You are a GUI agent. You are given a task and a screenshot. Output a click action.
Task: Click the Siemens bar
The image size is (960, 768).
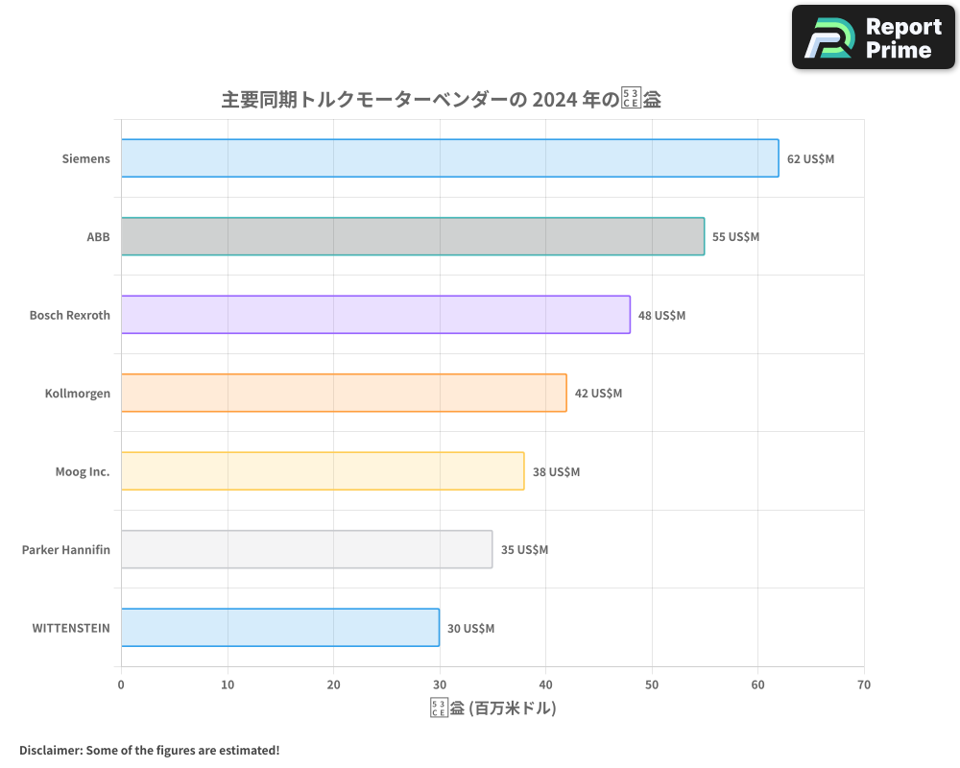(449, 158)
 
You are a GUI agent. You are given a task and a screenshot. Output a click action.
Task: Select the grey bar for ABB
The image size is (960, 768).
(413, 236)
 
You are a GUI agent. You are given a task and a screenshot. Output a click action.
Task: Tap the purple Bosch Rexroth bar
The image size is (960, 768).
(375, 315)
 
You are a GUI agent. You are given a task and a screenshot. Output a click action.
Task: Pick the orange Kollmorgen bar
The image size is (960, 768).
(344, 393)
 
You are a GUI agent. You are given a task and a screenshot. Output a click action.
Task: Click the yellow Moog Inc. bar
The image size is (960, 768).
(323, 471)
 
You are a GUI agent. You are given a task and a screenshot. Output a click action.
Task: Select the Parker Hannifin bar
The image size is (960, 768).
(306, 549)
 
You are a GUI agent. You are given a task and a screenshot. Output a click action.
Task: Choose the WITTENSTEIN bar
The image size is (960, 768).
(280, 628)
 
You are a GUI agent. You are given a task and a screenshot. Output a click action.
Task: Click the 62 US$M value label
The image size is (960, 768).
(810, 158)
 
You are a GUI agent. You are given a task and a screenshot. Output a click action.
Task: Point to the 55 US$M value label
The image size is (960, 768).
(735, 236)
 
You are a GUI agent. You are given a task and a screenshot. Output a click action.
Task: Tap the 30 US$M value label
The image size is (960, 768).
(470, 628)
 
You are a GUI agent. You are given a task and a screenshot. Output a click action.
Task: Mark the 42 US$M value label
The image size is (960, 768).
(598, 393)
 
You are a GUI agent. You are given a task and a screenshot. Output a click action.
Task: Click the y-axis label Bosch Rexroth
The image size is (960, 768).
(69, 315)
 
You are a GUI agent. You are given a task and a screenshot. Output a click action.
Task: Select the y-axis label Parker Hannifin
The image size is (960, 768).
(65, 549)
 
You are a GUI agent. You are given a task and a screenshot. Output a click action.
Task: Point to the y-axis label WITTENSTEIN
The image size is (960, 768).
(70, 628)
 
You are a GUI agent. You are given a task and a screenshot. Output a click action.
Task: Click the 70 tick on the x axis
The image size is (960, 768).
(864, 684)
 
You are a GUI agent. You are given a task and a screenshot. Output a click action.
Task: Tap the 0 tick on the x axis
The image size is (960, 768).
(121, 684)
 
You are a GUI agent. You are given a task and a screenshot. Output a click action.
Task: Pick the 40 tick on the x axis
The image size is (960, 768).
(545, 684)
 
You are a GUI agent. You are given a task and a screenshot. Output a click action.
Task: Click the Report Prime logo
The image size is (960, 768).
(874, 37)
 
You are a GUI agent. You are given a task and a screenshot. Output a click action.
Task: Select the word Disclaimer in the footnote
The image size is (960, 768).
(49, 750)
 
